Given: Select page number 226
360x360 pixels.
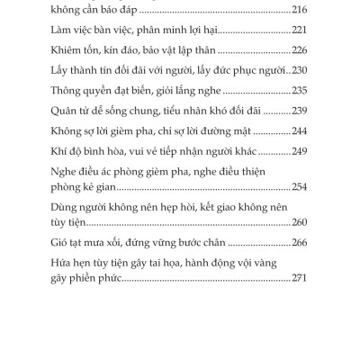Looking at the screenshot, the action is [x=302, y=51].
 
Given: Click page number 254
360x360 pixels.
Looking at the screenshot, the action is [x=302, y=187].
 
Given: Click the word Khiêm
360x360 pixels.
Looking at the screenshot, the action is [x=72, y=51].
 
